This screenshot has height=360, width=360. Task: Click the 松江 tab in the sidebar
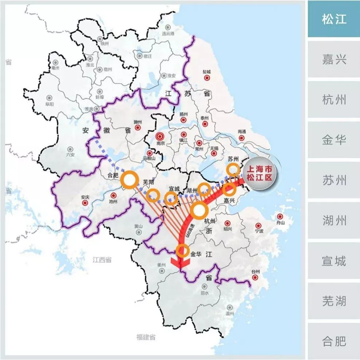pos(334,19)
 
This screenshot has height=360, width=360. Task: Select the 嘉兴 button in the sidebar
pos(334,59)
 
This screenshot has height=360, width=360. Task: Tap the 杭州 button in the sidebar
pos(334,99)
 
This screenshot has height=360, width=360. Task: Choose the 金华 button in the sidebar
pos(334,139)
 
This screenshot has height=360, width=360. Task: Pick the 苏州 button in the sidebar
pos(334,180)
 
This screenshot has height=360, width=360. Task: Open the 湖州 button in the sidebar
pos(334,220)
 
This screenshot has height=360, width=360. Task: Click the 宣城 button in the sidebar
pos(334,261)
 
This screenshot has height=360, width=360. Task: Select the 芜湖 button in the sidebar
pos(334,301)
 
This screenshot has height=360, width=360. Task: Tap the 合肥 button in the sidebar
pos(334,341)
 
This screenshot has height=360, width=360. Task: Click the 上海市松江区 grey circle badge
pos(260,173)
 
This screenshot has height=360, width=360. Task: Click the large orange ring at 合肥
pos(129,180)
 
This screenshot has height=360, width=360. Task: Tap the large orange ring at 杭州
pos(199,211)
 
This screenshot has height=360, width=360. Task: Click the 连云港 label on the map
pos(168,33)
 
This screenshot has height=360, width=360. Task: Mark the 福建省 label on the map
pos(146,337)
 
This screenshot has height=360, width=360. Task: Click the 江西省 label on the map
pos(102,260)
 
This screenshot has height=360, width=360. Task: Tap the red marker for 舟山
pos(280,217)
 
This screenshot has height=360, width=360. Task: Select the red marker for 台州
pos(255,277)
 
